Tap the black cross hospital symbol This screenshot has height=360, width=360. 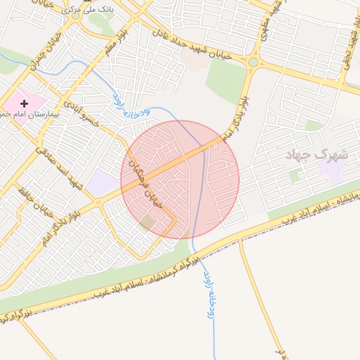point(25,103)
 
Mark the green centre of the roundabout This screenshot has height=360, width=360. point(252,62)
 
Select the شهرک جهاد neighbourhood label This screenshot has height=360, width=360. point(312,155)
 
